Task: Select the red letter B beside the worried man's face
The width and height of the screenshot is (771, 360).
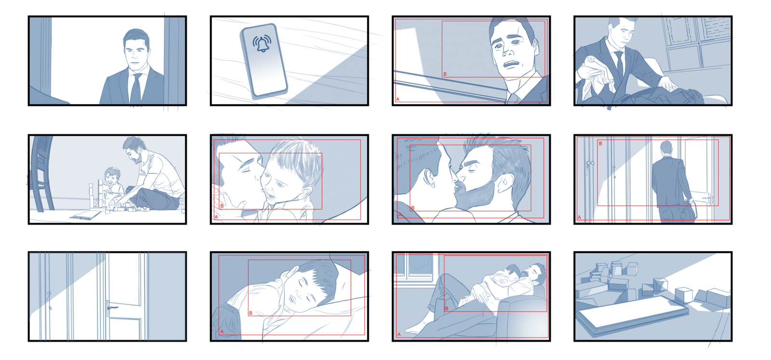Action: pos(445,74)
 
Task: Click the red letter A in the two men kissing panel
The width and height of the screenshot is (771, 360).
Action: pos(400,215)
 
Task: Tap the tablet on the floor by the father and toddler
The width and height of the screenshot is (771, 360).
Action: pos(86,215)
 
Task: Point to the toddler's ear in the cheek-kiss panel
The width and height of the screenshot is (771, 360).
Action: pos(306,194)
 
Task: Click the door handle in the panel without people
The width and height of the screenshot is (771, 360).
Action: pos(111,307)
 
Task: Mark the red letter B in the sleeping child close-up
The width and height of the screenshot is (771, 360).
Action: pos(251,313)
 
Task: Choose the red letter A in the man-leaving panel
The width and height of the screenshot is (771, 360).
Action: pos(579,217)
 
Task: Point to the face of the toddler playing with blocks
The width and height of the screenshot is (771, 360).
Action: pos(112,177)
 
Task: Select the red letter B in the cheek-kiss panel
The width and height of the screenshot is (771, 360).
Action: pos(222,206)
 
